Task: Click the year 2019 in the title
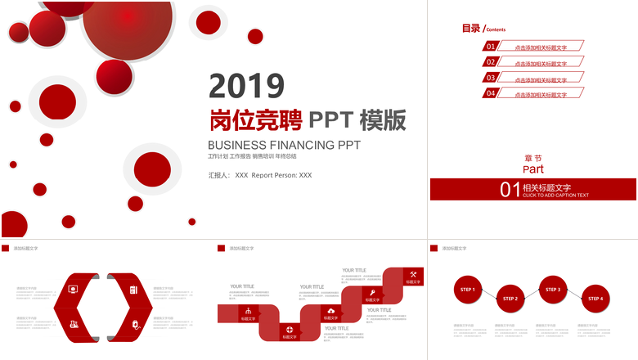coord(246,86)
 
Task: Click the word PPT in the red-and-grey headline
coord(330,121)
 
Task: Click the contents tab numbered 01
coord(491,47)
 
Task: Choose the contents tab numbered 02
coord(491,62)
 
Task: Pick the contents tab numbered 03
coord(491,78)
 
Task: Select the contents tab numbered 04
coord(491,93)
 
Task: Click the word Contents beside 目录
coord(496,29)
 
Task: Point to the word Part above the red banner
coord(533,169)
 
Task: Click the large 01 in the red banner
coord(510,190)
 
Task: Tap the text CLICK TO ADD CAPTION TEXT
coord(555,196)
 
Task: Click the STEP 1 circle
coord(467,290)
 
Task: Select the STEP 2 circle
coord(510,299)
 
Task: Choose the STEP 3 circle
coord(553,290)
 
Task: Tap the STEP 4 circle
coord(595,299)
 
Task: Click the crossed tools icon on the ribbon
coord(413,274)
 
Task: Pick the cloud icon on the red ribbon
coord(330,311)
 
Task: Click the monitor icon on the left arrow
coord(73,289)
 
